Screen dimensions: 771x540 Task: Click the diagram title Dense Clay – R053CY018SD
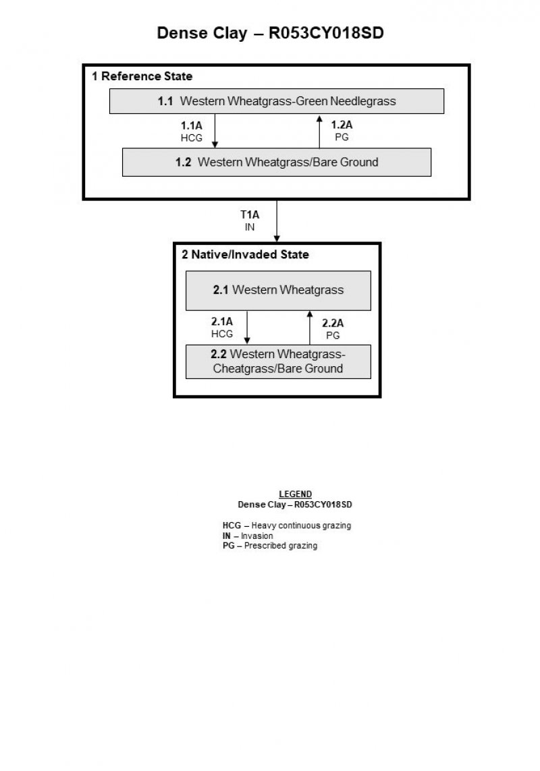[270, 33]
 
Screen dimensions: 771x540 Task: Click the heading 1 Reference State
[142, 76]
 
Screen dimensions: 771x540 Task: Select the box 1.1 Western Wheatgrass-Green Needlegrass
[277, 101]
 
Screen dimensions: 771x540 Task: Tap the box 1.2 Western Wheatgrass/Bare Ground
[277, 162]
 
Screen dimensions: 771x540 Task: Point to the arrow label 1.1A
[192, 125]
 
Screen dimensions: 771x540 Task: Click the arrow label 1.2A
[342, 125]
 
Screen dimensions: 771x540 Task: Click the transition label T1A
[250, 215]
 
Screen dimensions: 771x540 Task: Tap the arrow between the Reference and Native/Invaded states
[277, 221]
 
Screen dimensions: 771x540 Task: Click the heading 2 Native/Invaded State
[245, 255]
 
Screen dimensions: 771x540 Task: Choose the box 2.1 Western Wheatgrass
[278, 290]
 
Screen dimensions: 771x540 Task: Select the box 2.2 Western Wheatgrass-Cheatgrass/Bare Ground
[278, 362]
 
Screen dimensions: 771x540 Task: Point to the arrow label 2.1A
[222, 322]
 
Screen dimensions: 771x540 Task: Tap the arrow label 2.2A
[333, 323]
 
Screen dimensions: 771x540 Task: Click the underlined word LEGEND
[295, 494]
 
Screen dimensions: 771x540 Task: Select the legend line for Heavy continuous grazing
[287, 525]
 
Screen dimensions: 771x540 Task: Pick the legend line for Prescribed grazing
[270, 546]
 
